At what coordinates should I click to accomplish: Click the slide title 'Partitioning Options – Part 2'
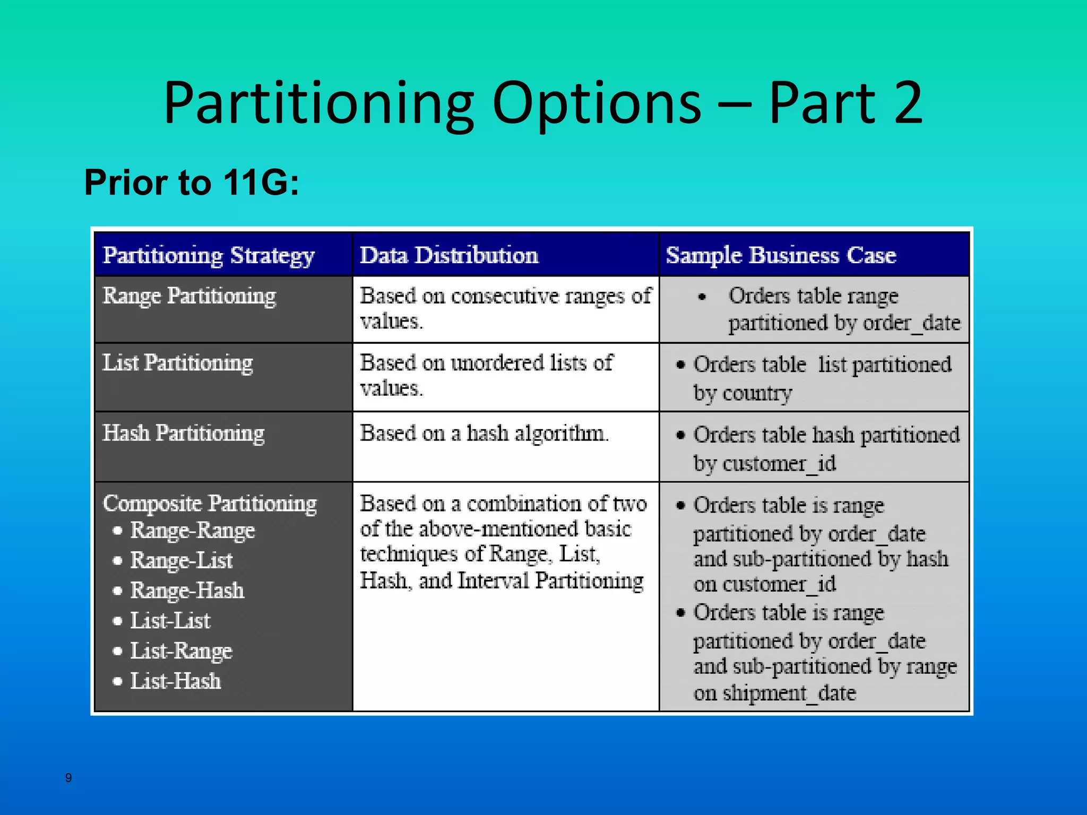coord(543,103)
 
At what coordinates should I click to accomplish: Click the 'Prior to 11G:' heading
coord(192,183)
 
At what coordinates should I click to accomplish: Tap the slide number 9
coord(68,778)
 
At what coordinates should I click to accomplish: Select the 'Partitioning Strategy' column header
coord(209,255)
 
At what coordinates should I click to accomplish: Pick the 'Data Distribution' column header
coord(449,255)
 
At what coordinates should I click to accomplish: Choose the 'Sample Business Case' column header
coord(781,255)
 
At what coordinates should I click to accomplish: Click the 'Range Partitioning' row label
coord(189,296)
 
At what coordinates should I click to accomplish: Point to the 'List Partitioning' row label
coord(178,363)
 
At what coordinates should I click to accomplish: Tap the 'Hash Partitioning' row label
coord(184,433)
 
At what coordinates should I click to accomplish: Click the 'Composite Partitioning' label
coord(210,503)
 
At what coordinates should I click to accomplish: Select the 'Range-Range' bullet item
coord(192,530)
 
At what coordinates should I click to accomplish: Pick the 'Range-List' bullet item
coord(182,560)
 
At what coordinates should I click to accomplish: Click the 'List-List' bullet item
coord(170,621)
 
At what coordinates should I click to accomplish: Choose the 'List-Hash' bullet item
coord(176,681)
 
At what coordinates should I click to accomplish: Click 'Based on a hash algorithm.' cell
coord(484,433)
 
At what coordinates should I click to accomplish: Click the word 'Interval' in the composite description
coord(493,580)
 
